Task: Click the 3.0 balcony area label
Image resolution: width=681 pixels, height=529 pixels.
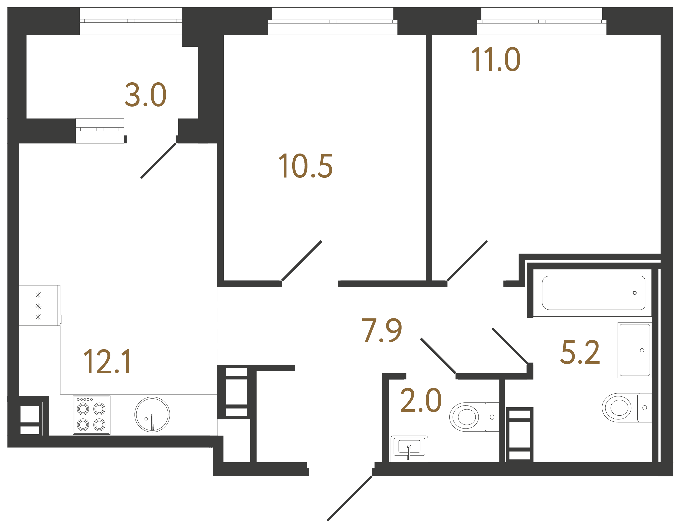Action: coord(145,95)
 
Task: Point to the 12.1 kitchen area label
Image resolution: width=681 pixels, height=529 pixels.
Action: coord(108,362)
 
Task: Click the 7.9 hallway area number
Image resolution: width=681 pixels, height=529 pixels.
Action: coord(382,331)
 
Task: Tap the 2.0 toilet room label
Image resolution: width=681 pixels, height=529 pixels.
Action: coord(421,400)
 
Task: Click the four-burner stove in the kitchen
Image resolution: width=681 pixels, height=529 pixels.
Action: coord(91,415)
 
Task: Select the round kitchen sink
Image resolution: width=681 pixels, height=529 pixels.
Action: coord(152,414)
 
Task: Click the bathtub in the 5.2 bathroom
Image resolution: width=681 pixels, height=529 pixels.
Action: coord(593,293)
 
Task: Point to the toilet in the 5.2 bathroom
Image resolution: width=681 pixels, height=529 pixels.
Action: coord(625,408)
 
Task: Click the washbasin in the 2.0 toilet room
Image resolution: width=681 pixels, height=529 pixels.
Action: coord(409,448)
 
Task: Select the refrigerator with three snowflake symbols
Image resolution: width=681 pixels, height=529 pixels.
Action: coord(39,306)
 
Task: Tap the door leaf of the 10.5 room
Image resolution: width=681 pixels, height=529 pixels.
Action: coord(301,261)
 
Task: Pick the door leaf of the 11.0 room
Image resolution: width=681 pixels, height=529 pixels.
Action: coord(467,261)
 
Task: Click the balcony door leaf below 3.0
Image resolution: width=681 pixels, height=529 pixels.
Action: coord(159,160)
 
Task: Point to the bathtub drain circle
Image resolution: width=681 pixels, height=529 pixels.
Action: coord(635,293)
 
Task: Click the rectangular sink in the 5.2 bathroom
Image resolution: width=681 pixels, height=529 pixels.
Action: coord(635,350)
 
